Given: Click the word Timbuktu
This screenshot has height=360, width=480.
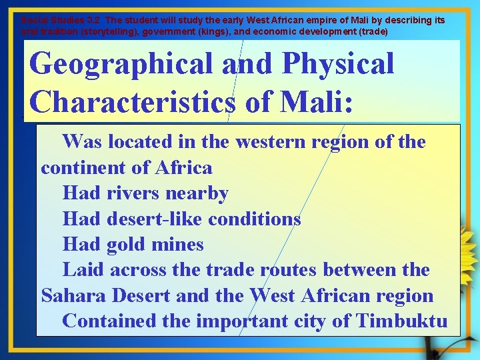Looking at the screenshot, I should coord(402,321).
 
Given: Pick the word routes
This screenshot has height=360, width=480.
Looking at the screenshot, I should coord(287,270).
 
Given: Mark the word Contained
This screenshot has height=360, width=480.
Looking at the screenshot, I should coord(107,321).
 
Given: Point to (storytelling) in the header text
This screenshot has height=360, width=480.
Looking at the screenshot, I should coord(92,31).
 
